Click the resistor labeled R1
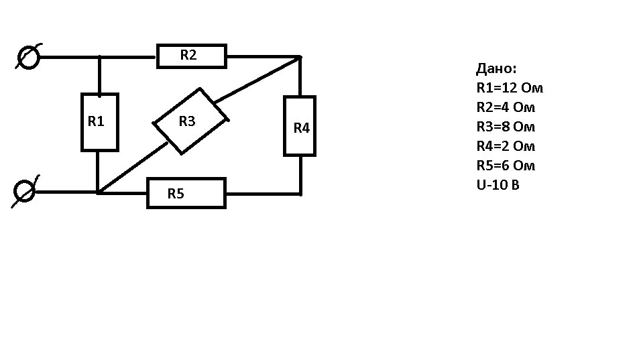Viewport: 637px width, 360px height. [100, 122]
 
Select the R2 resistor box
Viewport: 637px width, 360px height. [191, 56]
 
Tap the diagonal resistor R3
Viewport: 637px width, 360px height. [190, 121]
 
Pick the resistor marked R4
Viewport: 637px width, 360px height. [300, 126]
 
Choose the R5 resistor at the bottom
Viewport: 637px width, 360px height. [186, 194]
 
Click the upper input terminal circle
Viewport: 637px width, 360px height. [28, 57]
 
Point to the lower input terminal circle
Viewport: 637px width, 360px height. [24, 191]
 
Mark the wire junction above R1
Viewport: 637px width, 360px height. [99, 57]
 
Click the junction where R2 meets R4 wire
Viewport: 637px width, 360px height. [300, 57]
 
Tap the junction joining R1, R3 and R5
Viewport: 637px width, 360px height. [98, 192]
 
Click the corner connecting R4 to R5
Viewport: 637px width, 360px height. [300, 194]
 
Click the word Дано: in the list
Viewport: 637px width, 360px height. [496, 68]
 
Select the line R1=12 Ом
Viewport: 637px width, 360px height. [510, 88]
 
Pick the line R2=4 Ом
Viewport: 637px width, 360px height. [506, 107]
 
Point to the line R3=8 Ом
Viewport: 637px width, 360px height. [506, 127]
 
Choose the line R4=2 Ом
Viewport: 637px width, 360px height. [506, 146]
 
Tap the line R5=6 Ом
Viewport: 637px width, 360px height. [506, 166]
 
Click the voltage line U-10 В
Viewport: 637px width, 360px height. [498, 185]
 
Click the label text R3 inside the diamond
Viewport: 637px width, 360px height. [187, 121]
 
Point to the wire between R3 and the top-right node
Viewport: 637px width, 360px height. [257, 79]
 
